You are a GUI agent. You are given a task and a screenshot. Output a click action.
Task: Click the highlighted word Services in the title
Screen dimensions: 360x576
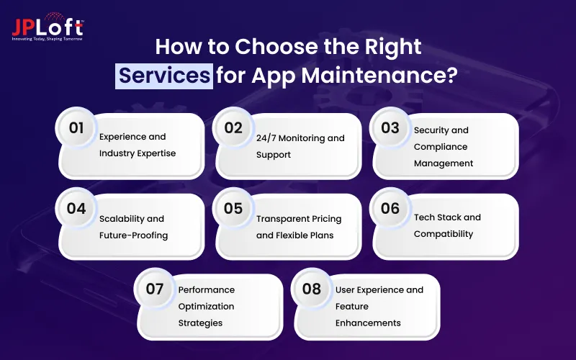pyautogui.click(x=165, y=75)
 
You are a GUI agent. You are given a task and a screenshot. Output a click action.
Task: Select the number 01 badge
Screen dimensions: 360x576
pyautogui.click(x=76, y=128)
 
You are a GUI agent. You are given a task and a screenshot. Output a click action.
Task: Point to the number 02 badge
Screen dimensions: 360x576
pyautogui.click(x=233, y=128)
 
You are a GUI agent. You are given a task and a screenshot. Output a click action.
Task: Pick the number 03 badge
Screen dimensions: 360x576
pyautogui.click(x=390, y=128)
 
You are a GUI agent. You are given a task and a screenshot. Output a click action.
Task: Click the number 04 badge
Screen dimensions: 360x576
pyautogui.click(x=76, y=209)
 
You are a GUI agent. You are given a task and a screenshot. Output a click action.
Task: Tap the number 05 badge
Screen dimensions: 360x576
pyautogui.click(x=233, y=209)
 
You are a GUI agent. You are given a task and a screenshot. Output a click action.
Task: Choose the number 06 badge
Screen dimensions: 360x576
pyautogui.click(x=390, y=209)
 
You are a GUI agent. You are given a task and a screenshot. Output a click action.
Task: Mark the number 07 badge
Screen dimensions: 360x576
pyautogui.click(x=155, y=289)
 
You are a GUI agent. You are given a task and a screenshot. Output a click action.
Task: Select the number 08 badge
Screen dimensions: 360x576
pyautogui.click(x=312, y=289)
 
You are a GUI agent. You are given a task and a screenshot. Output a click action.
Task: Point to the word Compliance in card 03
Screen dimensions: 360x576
pyautogui.click(x=441, y=147)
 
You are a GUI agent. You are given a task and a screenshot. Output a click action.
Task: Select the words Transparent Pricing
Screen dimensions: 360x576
pyautogui.click(x=299, y=219)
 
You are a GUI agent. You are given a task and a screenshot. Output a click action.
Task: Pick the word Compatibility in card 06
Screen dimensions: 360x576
pyautogui.click(x=444, y=234)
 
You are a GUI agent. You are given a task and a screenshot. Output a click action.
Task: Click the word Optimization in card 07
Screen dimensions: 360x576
pyautogui.click(x=207, y=306)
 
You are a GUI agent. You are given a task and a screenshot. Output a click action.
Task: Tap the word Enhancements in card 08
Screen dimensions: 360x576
pyautogui.click(x=368, y=323)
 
